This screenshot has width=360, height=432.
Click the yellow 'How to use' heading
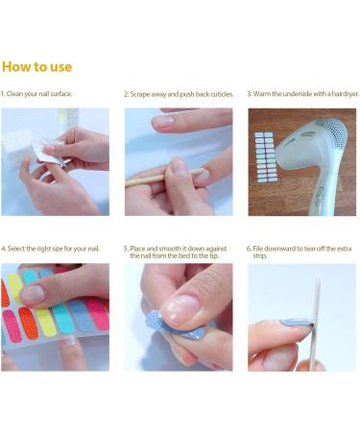(36, 67)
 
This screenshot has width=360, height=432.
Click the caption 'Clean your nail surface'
(39, 94)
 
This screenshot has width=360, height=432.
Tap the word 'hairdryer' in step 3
(345, 94)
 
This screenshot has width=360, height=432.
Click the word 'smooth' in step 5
(170, 249)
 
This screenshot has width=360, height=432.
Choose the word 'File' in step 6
(257, 249)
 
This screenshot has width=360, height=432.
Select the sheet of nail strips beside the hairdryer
(266, 156)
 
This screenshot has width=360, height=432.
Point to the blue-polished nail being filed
(297, 323)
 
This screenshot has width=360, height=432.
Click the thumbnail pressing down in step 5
(180, 308)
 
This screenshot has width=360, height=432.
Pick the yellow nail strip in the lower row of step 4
(46, 323)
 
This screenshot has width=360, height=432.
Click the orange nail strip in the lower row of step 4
(28, 324)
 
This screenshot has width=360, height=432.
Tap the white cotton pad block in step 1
(16, 149)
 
